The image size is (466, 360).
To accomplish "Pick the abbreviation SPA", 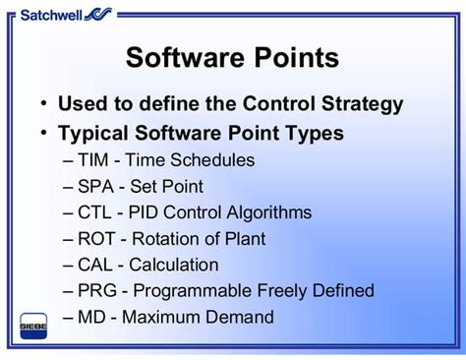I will coord(94,186).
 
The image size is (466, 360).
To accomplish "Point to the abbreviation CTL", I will coord(94,212).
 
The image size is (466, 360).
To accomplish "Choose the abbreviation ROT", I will coord(95,239).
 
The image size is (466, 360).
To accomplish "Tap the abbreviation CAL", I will coord(94,266).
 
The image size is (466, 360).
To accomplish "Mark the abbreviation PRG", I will coord(96,291).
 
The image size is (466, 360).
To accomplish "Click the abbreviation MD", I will coord(90,318).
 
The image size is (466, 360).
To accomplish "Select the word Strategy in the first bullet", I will coord(363,103).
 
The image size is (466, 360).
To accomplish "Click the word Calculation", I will coord(173,266).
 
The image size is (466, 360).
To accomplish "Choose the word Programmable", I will coord(186,291).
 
